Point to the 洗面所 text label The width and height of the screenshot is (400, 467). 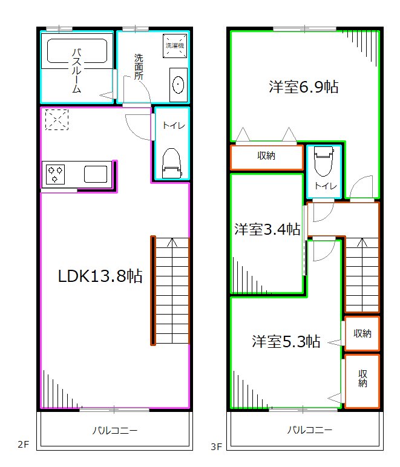(139, 67)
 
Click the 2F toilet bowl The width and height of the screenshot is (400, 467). (172, 162)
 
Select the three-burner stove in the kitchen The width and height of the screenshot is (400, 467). (56, 174)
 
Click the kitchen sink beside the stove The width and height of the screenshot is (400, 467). (96, 174)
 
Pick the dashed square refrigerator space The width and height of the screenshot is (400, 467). (57, 119)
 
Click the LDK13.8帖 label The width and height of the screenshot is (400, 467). (100, 276)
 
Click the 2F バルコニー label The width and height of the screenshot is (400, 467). (114, 431)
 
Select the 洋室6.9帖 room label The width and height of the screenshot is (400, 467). (303, 87)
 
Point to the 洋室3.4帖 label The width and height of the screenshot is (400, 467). (267, 229)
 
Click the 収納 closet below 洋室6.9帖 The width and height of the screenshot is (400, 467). (266, 156)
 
